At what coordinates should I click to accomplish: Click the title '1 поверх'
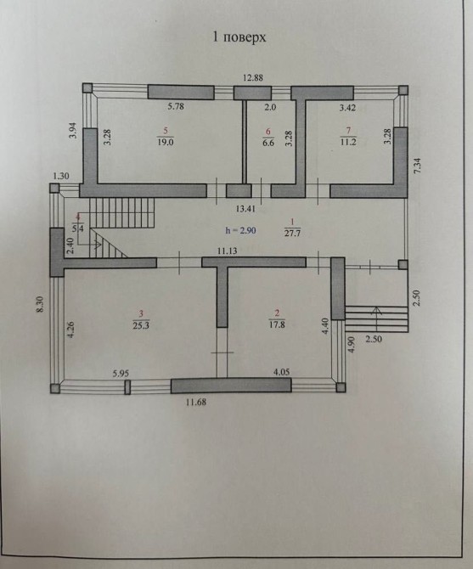click(239, 37)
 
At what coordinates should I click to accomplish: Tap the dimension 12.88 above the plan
click(253, 77)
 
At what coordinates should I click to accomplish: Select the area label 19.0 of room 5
click(166, 142)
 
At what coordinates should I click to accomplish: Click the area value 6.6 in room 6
click(268, 143)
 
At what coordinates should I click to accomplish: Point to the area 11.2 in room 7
click(348, 142)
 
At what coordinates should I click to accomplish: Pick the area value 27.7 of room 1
click(292, 233)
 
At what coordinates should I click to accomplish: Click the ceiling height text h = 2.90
click(241, 230)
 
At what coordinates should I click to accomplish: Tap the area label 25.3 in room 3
click(141, 325)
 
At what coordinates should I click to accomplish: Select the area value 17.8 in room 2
click(277, 324)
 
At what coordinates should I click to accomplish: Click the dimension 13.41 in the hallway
click(245, 209)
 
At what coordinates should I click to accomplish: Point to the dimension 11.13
click(227, 251)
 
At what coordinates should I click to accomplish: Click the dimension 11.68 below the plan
click(196, 402)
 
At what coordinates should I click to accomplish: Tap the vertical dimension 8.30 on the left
click(40, 304)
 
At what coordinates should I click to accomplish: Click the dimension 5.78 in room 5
click(176, 106)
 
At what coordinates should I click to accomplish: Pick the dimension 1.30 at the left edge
click(61, 177)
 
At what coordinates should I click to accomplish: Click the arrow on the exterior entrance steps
click(376, 315)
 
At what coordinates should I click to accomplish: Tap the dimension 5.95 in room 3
click(121, 374)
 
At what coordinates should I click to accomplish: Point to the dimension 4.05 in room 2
click(281, 372)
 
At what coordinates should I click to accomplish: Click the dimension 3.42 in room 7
click(347, 107)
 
